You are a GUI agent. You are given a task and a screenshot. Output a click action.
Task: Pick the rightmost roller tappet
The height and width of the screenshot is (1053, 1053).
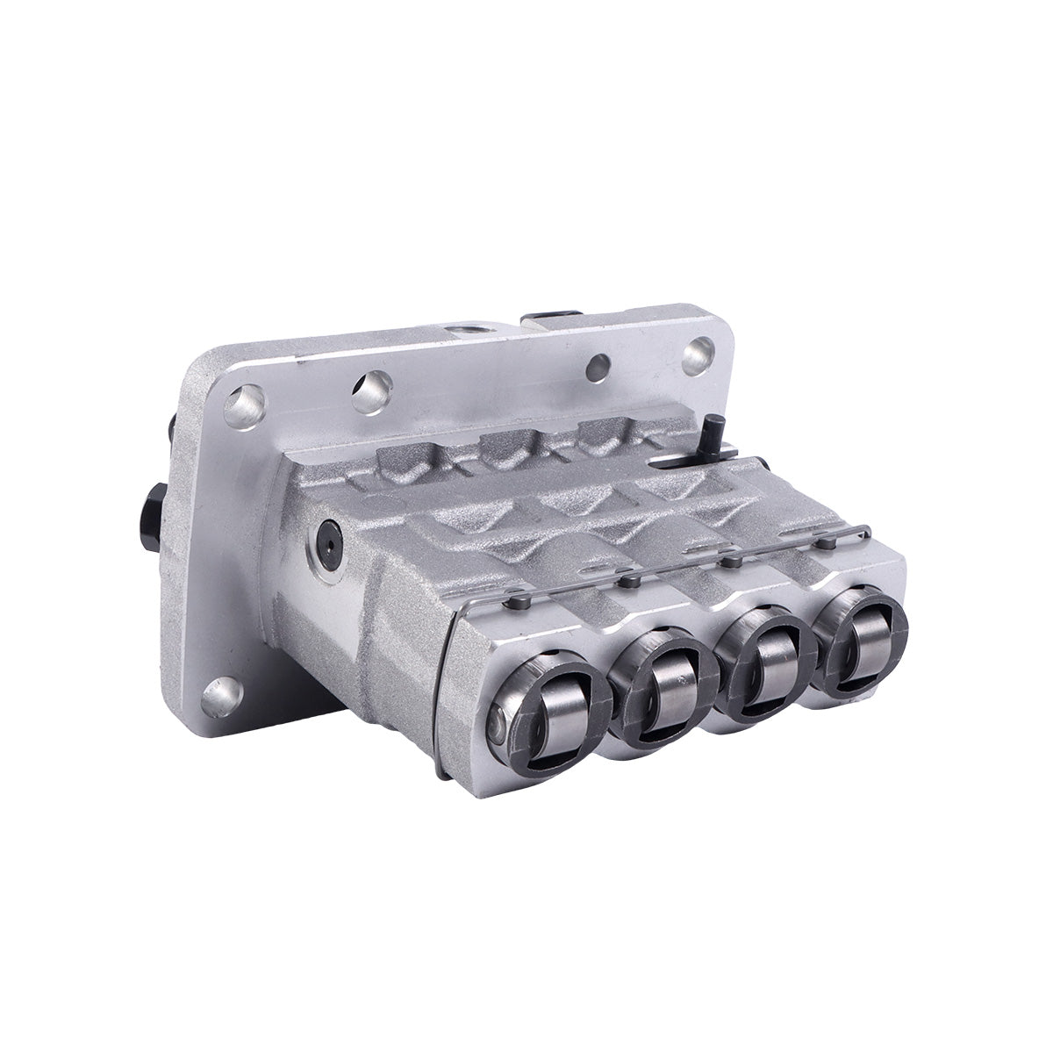(x=856, y=645)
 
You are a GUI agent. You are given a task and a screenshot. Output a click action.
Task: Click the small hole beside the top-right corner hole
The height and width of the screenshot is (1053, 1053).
(x=598, y=363)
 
